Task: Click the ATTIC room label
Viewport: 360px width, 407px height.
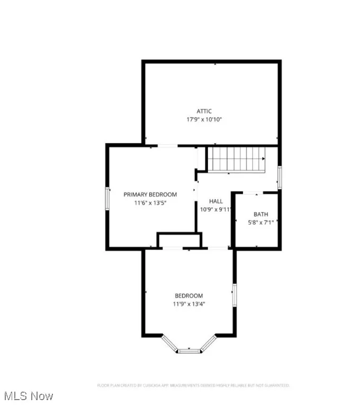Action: (204, 111)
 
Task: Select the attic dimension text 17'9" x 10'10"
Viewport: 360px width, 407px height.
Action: (204, 120)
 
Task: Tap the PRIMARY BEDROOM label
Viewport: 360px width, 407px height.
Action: (150, 194)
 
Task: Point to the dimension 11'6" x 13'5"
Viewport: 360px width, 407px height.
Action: (150, 203)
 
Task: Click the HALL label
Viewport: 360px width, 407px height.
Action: (216, 201)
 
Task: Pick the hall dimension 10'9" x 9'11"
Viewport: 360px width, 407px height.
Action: (216, 209)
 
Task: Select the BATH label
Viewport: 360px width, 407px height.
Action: (260, 214)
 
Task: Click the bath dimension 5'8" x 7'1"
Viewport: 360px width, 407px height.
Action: (260, 223)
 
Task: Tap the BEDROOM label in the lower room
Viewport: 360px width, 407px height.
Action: (189, 296)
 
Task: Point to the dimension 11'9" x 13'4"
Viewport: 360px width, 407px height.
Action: (189, 304)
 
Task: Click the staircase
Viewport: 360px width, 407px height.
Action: (236, 159)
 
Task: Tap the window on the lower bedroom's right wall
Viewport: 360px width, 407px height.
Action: (233, 295)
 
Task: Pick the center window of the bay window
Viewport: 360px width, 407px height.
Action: (190, 350)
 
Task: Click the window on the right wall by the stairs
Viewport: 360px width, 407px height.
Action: (280, 176)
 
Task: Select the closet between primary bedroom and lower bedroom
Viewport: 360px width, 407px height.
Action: (179, 240)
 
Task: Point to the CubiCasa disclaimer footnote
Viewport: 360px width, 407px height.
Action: (193, 385)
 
